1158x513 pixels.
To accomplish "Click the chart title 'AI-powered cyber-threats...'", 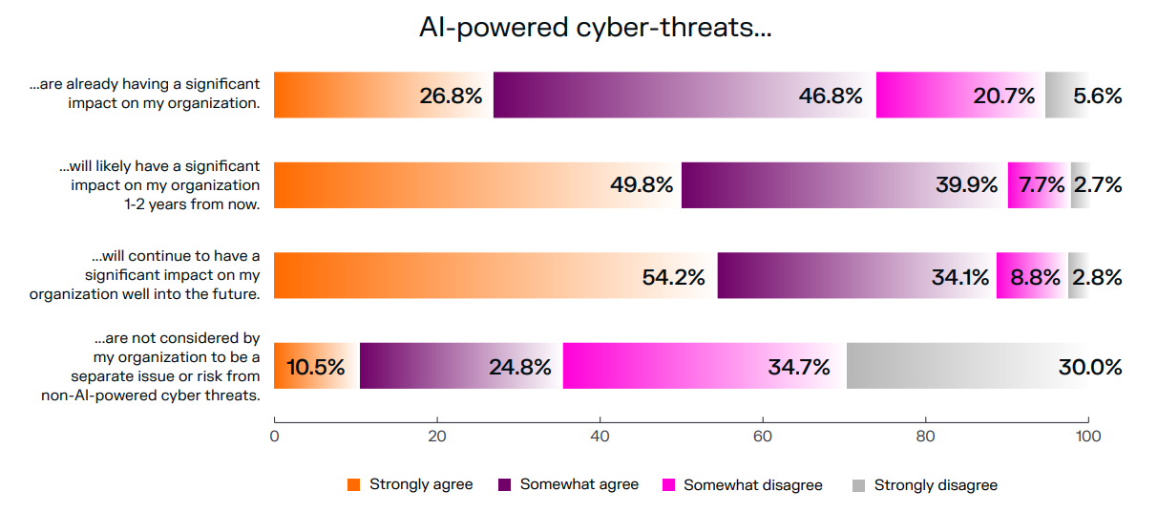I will point(595,29).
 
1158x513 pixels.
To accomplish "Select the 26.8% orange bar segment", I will point(383,96).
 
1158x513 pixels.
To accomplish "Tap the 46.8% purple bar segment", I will point(684,96).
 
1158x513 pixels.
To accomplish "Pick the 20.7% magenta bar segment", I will point(959,96).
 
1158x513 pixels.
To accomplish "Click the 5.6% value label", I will point(1097,96).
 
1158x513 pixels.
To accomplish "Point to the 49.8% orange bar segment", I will point(476,185).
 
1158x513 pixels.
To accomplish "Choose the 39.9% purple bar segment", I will point(843,185).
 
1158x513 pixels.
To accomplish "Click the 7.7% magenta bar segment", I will point(1038,185).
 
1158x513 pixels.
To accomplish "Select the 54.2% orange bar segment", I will point(495,276).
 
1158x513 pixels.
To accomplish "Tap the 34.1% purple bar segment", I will point(856,276).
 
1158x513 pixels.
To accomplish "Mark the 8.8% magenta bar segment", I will point(1031,276).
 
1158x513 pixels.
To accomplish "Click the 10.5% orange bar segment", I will point(316,366).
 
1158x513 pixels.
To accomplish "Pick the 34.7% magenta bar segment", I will point(704,366).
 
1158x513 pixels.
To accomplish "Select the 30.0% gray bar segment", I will point(966,366).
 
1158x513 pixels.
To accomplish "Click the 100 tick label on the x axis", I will point(1087,437).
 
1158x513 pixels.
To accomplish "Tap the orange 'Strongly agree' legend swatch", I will point(353,485).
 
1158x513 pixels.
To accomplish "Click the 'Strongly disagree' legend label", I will point(936,485).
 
